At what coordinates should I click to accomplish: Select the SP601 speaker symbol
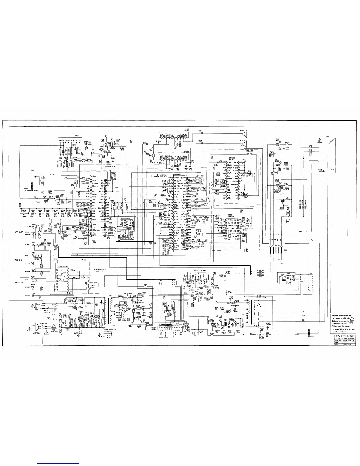point(244,134)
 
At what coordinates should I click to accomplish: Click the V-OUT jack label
point(27,245)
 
